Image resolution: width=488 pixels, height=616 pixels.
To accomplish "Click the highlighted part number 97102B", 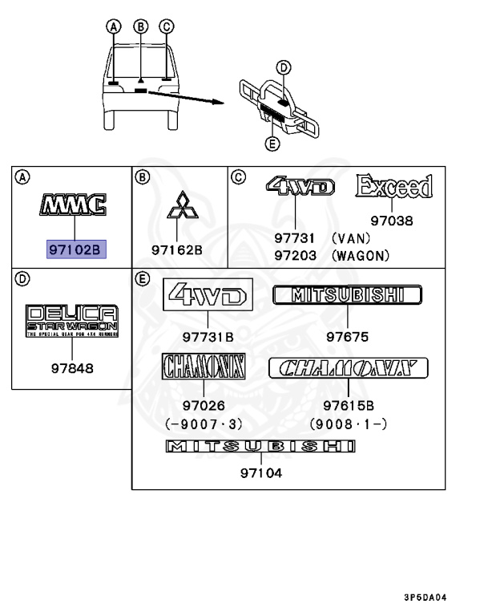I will tap(75, 249).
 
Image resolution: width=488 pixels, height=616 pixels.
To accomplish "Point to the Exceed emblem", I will tap(394, 188).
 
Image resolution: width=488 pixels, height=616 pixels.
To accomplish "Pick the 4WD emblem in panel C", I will tap(300, 188).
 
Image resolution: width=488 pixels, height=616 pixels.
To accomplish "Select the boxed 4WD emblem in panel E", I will tap(208, 296).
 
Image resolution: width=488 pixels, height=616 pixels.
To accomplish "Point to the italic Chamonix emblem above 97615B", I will tap(348, 369).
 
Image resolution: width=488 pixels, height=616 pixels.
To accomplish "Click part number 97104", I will tap(260, 473).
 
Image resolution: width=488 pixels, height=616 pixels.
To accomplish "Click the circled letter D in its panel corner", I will tap(22, 279).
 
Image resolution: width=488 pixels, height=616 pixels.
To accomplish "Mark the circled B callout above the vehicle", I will tap(140, 26).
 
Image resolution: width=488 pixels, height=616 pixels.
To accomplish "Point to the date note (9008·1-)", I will tap(349, 423).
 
